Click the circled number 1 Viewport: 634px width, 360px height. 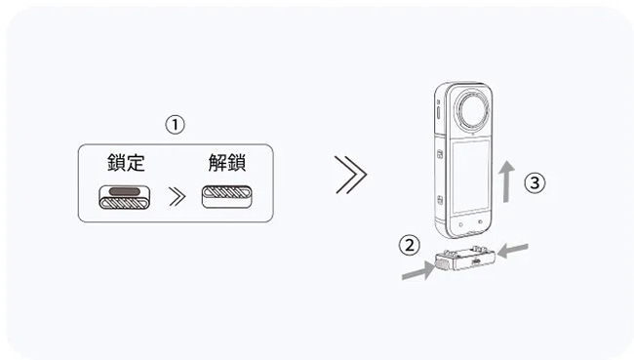175,125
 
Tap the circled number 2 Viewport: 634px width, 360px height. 410,246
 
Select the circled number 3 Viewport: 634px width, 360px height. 535,182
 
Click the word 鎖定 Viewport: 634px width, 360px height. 126,163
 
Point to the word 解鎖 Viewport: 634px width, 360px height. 227,163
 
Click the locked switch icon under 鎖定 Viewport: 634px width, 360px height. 125,197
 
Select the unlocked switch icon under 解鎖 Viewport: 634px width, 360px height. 227,197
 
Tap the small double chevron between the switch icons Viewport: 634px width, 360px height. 178,197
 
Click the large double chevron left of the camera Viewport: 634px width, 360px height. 351,175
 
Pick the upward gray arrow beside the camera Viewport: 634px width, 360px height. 506,181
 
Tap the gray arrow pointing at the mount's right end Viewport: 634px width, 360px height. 513,251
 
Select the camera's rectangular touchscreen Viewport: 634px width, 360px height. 470,177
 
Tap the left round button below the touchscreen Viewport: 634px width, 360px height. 461,224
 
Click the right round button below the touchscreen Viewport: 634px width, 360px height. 480,222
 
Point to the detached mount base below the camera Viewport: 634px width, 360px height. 465,260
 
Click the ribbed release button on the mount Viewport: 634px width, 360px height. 441,263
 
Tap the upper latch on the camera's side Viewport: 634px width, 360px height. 440,154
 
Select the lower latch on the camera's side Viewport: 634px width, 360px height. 440,200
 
